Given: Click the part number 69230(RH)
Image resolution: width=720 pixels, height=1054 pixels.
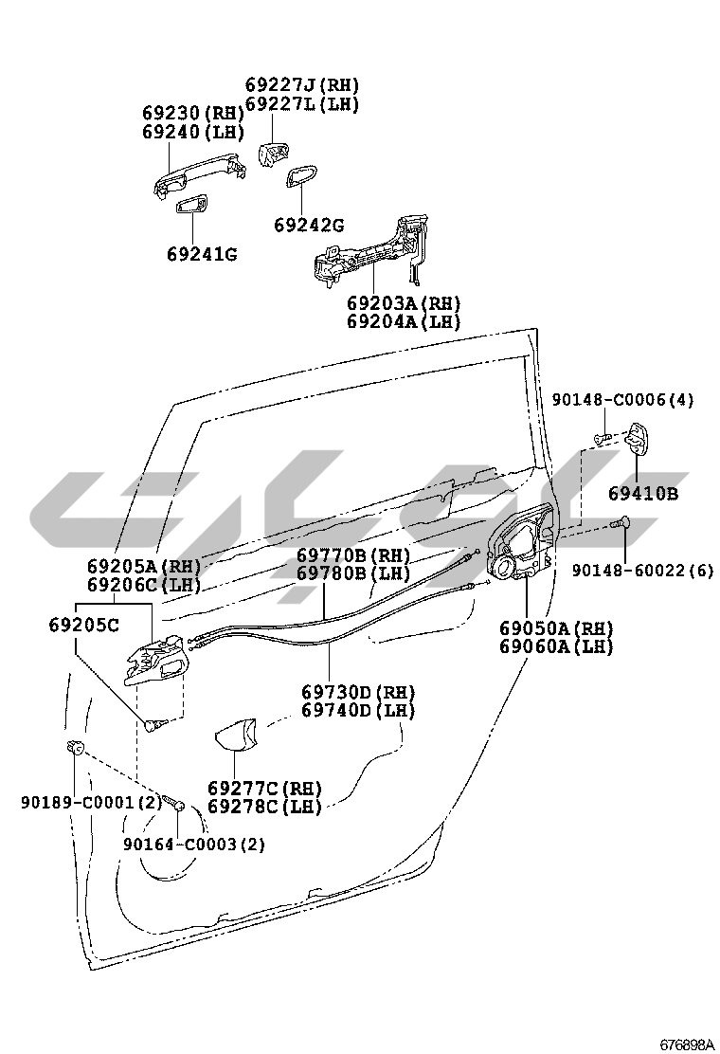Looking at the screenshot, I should click(x=193, y=113).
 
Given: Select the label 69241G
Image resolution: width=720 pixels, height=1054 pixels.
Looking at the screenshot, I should click(x=202, y=254).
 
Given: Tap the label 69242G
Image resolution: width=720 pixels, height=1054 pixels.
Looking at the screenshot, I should click(x=309, y=226).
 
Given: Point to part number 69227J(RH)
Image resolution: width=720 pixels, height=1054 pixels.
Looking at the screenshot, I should click(x=302, y=84).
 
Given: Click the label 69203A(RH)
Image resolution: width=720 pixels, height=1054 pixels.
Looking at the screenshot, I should click(x=403, y=303).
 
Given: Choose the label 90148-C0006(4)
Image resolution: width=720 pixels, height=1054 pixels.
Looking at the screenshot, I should click(x=623, y=400).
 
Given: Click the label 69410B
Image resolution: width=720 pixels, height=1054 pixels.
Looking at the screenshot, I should click(x=643, y=494).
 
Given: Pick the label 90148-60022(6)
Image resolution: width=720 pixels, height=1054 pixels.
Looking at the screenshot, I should click(x=642, y=570).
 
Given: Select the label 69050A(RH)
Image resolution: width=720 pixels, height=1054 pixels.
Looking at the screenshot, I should click(x=556, y=628).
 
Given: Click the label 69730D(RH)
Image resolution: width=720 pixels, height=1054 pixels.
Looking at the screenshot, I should click(x=358, y=692).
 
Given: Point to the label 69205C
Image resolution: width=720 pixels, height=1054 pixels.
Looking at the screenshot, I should click(x=84, y=625).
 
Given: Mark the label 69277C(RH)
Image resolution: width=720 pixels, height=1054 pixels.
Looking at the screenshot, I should click(x=264, y=789).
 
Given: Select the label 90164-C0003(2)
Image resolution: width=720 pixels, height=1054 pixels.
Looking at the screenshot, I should click(x=194, y=844).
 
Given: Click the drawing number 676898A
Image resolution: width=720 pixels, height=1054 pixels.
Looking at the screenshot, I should click(x=687, y=1045).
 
